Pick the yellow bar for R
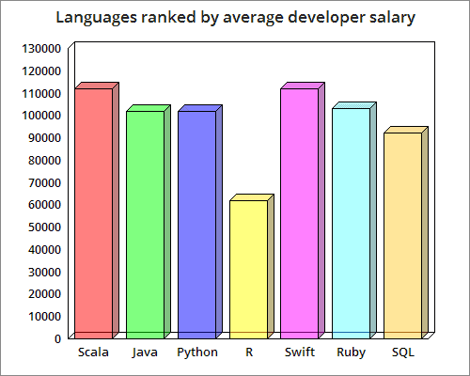[248, 269]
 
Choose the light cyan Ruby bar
[352, 223]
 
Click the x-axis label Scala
[93, 352]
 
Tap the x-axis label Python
[197, 352]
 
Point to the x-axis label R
[248, 352]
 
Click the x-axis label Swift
[300, 352]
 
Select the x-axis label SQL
[402, 352]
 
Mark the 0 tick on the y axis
[59, 337]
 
